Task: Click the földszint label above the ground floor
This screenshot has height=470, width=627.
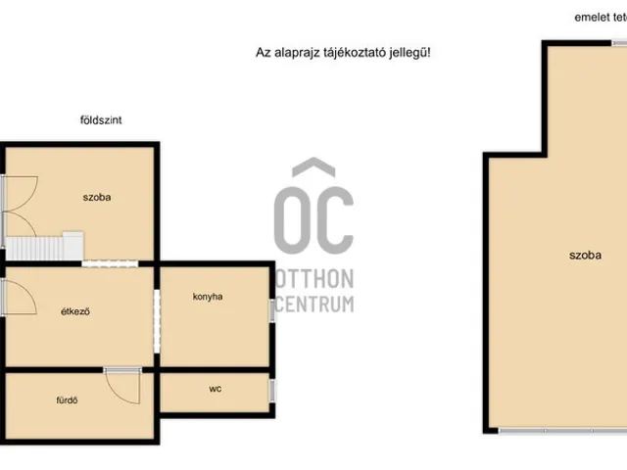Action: pos(101,120)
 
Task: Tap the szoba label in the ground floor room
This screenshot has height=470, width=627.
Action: pos(97,197)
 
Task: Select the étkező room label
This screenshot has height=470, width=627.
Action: pos(75,311)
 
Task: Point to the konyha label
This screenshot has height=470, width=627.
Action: pos(208,297)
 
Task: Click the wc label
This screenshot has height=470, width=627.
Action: pos(216,389)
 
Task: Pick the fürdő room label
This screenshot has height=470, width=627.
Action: pos(67,400)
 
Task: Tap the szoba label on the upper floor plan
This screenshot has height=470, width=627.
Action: pos(585,256)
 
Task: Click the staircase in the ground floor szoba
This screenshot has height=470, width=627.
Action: pos(44,247)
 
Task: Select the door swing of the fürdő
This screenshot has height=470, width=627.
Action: pos(122,387)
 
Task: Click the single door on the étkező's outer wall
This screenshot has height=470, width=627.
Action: pos(20,298)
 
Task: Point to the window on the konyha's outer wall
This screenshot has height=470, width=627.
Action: pos(272,310)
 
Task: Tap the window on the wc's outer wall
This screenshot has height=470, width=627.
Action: pos(272,391)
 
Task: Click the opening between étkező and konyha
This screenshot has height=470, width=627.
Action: pos(157,321)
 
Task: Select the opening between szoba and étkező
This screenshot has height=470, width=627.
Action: pos(110,263)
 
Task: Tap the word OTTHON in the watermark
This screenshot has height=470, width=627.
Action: pos(314,278)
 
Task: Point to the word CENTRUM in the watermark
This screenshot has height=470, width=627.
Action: pos(314,305)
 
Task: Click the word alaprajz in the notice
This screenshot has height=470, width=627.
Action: pos(286,53)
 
